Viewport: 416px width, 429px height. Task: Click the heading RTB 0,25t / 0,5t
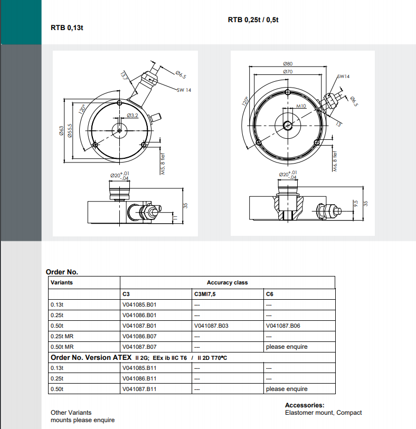253,20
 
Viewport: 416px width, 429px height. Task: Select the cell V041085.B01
139,304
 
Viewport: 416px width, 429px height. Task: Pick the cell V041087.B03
211,326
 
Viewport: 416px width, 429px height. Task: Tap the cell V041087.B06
283,326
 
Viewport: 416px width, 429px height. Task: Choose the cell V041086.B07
139,336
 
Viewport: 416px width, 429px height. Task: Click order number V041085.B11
139,368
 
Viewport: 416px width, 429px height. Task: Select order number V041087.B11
139,389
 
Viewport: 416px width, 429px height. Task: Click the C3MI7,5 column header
205,293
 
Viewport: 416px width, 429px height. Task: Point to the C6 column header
269,293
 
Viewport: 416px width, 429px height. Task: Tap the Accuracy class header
227,282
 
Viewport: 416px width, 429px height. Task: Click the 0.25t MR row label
62,336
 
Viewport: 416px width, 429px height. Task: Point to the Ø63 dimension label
62,131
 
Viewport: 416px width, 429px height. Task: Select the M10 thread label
301,106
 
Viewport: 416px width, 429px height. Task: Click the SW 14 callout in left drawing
184,90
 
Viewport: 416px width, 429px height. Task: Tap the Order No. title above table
62,272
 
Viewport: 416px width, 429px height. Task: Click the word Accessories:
304,405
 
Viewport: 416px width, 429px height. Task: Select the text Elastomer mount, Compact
323,413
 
